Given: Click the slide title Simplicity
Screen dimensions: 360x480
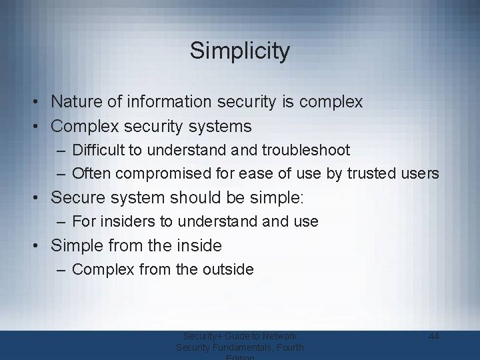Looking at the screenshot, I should click(x=239, y=51).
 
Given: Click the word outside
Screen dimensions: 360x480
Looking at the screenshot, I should click(x=226, y=269).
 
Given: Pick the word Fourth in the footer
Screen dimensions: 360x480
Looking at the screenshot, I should click(x=288, y=347).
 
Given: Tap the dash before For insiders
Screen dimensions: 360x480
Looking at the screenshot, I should click(x=61, y=221).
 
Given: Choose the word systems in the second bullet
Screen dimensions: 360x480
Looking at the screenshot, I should click(x=219, y=125).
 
